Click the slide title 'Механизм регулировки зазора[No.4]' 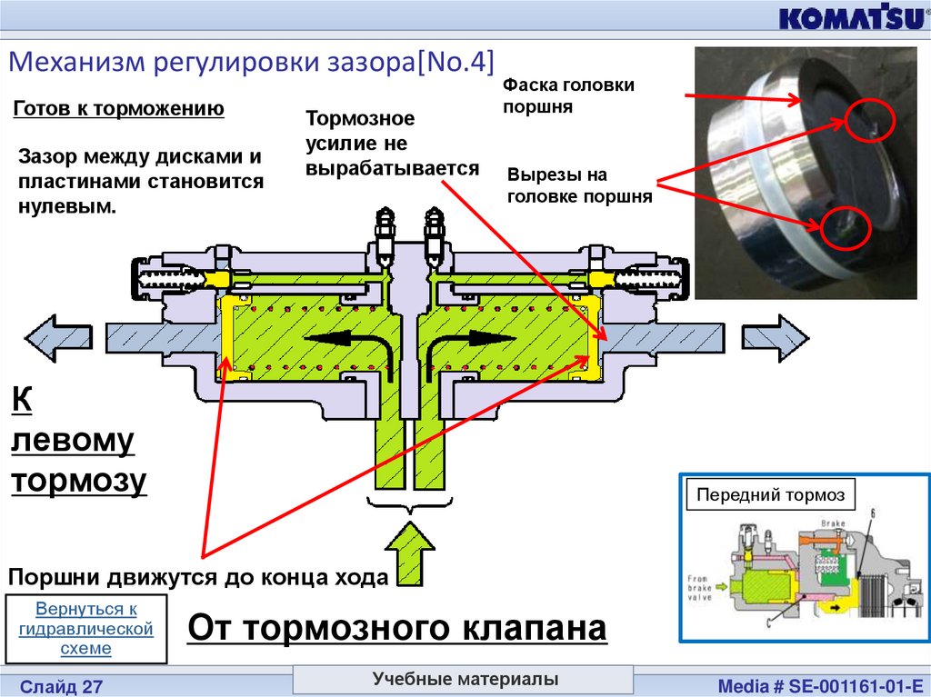[x=251, y=62]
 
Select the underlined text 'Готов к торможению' [x=119, y=110]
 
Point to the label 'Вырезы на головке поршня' [x=579, y=184]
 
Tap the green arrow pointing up [x=411, y=553]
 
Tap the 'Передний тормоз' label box [x=770, y=495]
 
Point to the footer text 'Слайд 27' [x=62, y=685]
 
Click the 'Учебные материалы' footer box [x=464, y=679]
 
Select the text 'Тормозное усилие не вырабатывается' [x=392, y=144]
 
